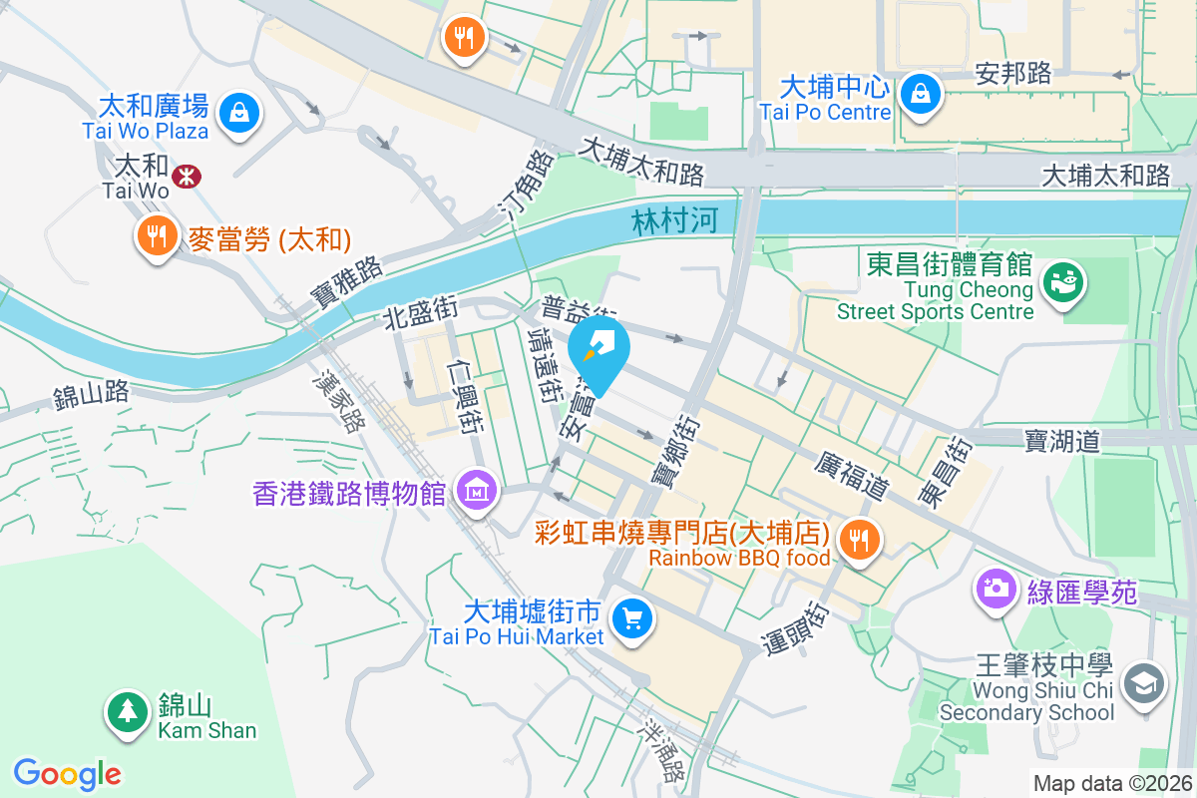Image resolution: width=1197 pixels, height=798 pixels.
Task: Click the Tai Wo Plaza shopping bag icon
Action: pyautogui.click(x=239, y=112)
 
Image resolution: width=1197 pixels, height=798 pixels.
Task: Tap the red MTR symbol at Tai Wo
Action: pyautogui.click(x=186, y=177)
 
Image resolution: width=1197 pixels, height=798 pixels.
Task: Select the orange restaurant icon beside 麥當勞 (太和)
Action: pyautogui.click(x=155, y=236)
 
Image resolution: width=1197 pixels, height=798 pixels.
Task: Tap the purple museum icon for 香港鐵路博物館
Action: pyautogui.click(x=477, y=491)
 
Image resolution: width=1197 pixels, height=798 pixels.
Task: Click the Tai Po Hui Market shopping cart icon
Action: pyautogui.click(x=630, y=618)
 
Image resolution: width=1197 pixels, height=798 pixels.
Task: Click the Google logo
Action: pyautogui.click(x=68, y=774)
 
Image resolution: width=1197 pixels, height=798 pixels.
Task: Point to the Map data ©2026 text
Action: pyautogui.click(x=1112, y=783)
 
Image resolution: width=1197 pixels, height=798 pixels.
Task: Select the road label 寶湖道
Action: pyautogui.click(x=1061, y=441)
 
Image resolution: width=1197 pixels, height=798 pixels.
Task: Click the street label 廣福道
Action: pyautogui.click(x=851, y=477)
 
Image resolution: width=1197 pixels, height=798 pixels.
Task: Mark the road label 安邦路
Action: pyautogui.click(x=1013, y=73)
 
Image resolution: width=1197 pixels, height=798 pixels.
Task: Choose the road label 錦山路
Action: pyautogui.click(x=92, y=394)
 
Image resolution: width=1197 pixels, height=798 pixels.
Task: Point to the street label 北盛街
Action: pyautogui.click(x=420, y=314)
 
